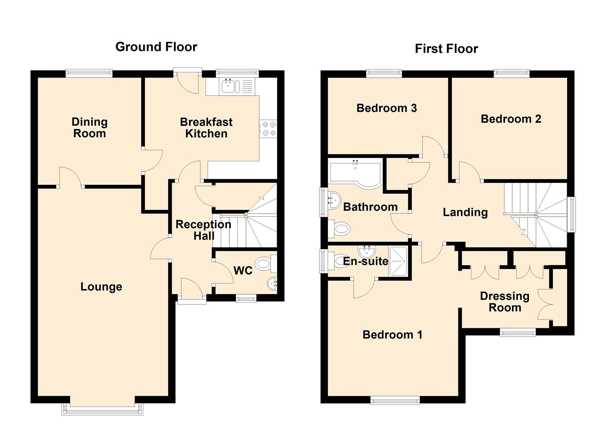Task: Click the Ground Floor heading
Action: point(156,47)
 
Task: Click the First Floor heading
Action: point(446,49)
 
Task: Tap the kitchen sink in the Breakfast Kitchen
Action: point(237,87)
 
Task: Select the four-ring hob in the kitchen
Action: point(268,129)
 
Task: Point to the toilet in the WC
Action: point(266,263)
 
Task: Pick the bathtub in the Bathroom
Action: point(355,173)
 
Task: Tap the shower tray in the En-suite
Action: point(398,261)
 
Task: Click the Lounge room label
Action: point(101,287)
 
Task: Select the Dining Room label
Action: point(90,128)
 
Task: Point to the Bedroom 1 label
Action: point(392,335)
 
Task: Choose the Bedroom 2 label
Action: point(511,119)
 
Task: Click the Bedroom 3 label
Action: point(387,108)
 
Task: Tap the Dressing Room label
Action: point(505,302)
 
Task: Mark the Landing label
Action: point(465,212)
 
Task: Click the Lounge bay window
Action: point(102,410)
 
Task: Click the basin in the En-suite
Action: point(367,251)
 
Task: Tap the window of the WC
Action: point(246,299)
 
